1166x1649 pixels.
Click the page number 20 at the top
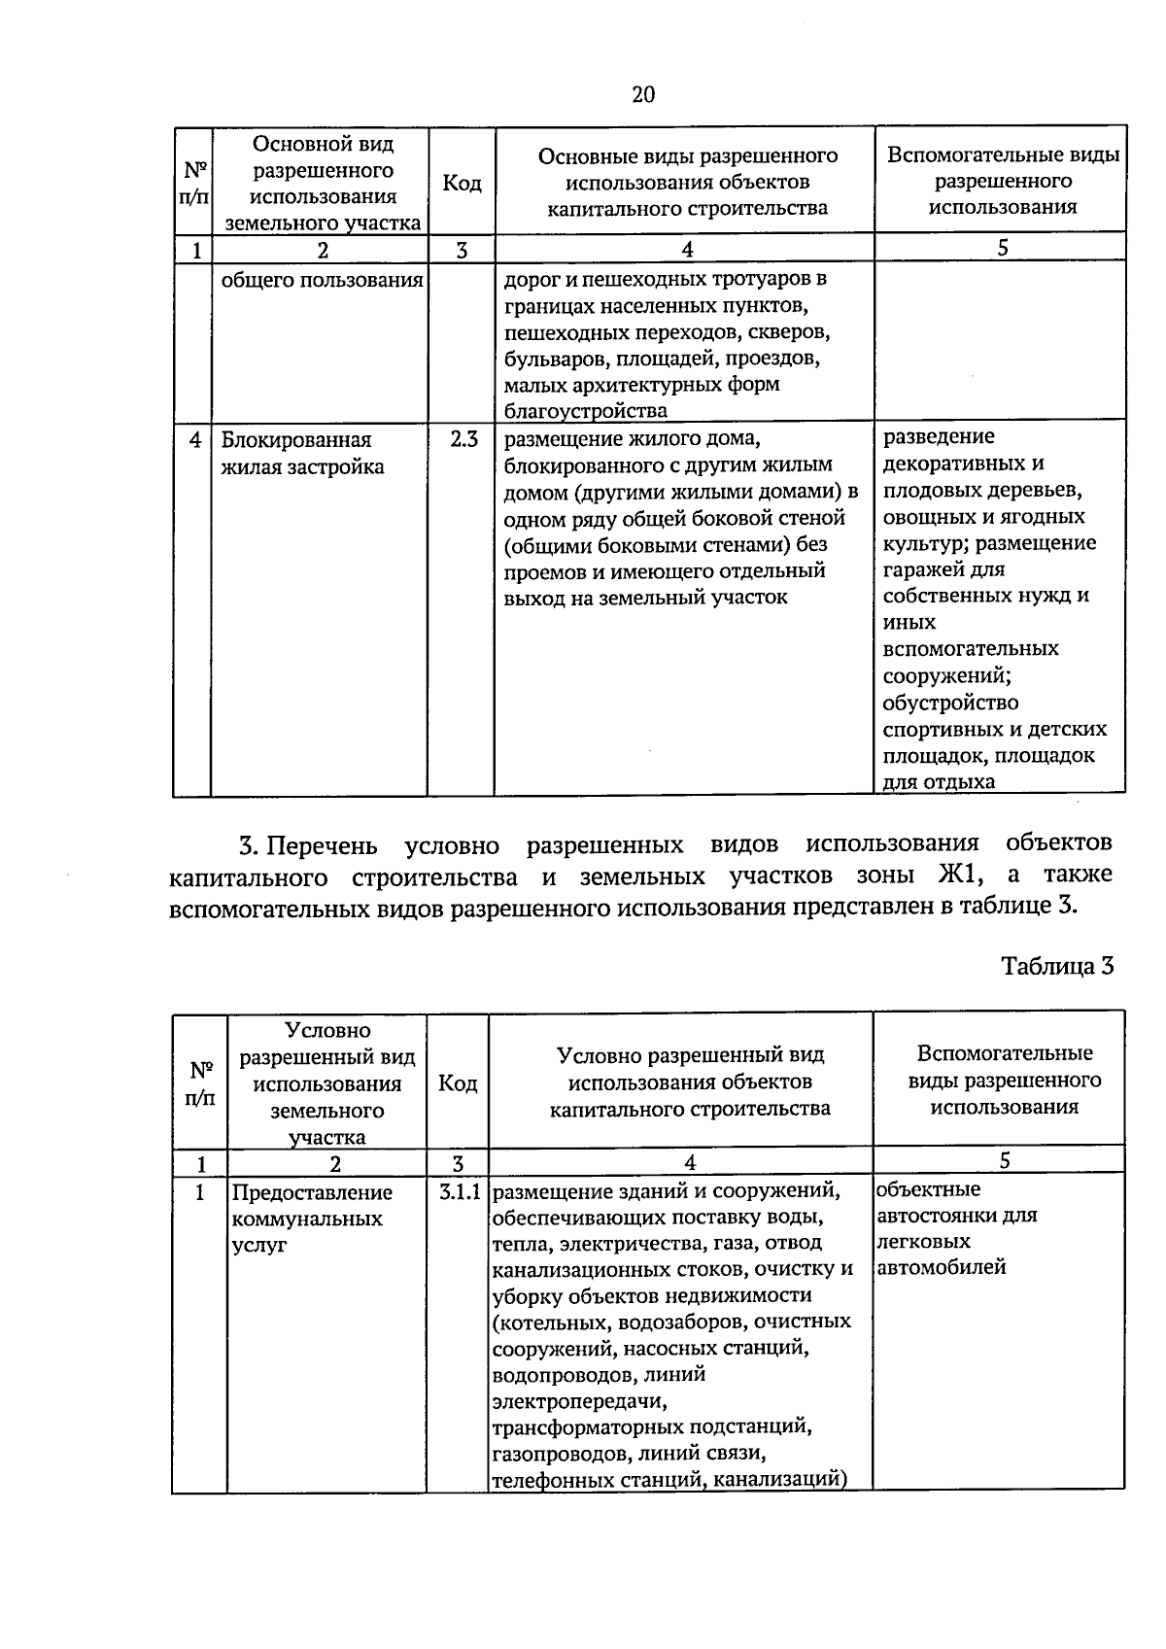(x=642, y=94)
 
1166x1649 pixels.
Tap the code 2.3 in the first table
(x=463, y=439)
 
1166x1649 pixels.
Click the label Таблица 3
(x=1056, y=966)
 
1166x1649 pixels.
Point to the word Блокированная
(x=296, y=440)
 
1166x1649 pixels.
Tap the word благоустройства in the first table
(x=571, y=410)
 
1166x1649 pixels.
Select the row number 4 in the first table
(x=195, y=440)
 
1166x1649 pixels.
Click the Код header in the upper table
(x=462, y=183)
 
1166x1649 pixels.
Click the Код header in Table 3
(x=458, y=1082)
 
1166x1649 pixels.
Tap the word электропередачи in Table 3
(x=580, y=1401)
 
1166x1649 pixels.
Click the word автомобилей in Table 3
(x=941, y=1267)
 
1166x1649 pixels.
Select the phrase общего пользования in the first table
(x=323, y=281)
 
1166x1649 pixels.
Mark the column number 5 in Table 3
(x=1005, y=1160)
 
